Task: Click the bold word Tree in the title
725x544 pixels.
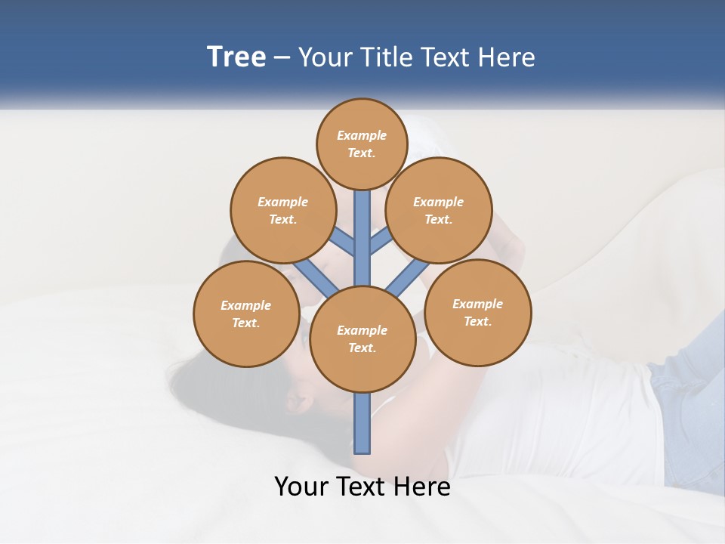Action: point(236,57)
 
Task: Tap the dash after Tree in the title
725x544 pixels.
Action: point(282,58)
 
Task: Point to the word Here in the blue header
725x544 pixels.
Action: point(507,57)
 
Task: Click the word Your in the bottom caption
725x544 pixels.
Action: point(301,487)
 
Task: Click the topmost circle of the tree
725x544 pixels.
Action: point(362,144)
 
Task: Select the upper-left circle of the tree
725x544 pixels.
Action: point(282,210)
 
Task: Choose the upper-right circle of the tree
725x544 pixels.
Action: point(438,210)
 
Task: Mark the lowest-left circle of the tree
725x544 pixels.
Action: point(245,314)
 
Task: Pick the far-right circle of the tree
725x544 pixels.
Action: point(477,312)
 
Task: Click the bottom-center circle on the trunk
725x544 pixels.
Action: point(362,338)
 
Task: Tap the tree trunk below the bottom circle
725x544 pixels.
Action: point(362,423)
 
